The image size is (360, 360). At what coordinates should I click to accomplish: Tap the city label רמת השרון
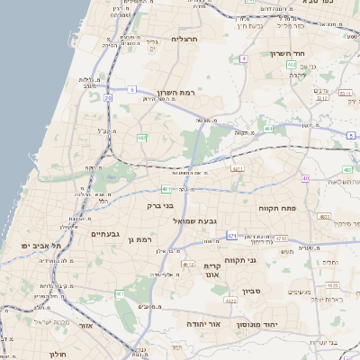click(201, 93)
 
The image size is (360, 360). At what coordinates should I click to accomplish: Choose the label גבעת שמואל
click(203, 221)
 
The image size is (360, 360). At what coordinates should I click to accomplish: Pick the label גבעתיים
click(105, 234)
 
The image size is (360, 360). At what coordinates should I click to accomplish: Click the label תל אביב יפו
click(42, 246)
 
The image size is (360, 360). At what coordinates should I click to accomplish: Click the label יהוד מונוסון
click(256, 323)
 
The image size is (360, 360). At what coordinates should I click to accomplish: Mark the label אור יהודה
click(204, 322)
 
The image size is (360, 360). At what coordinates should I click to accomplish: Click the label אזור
click(86, 326)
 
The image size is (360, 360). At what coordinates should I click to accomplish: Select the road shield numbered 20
click(108, 97)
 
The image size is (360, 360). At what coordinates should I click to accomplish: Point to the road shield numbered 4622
click(187, 265)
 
